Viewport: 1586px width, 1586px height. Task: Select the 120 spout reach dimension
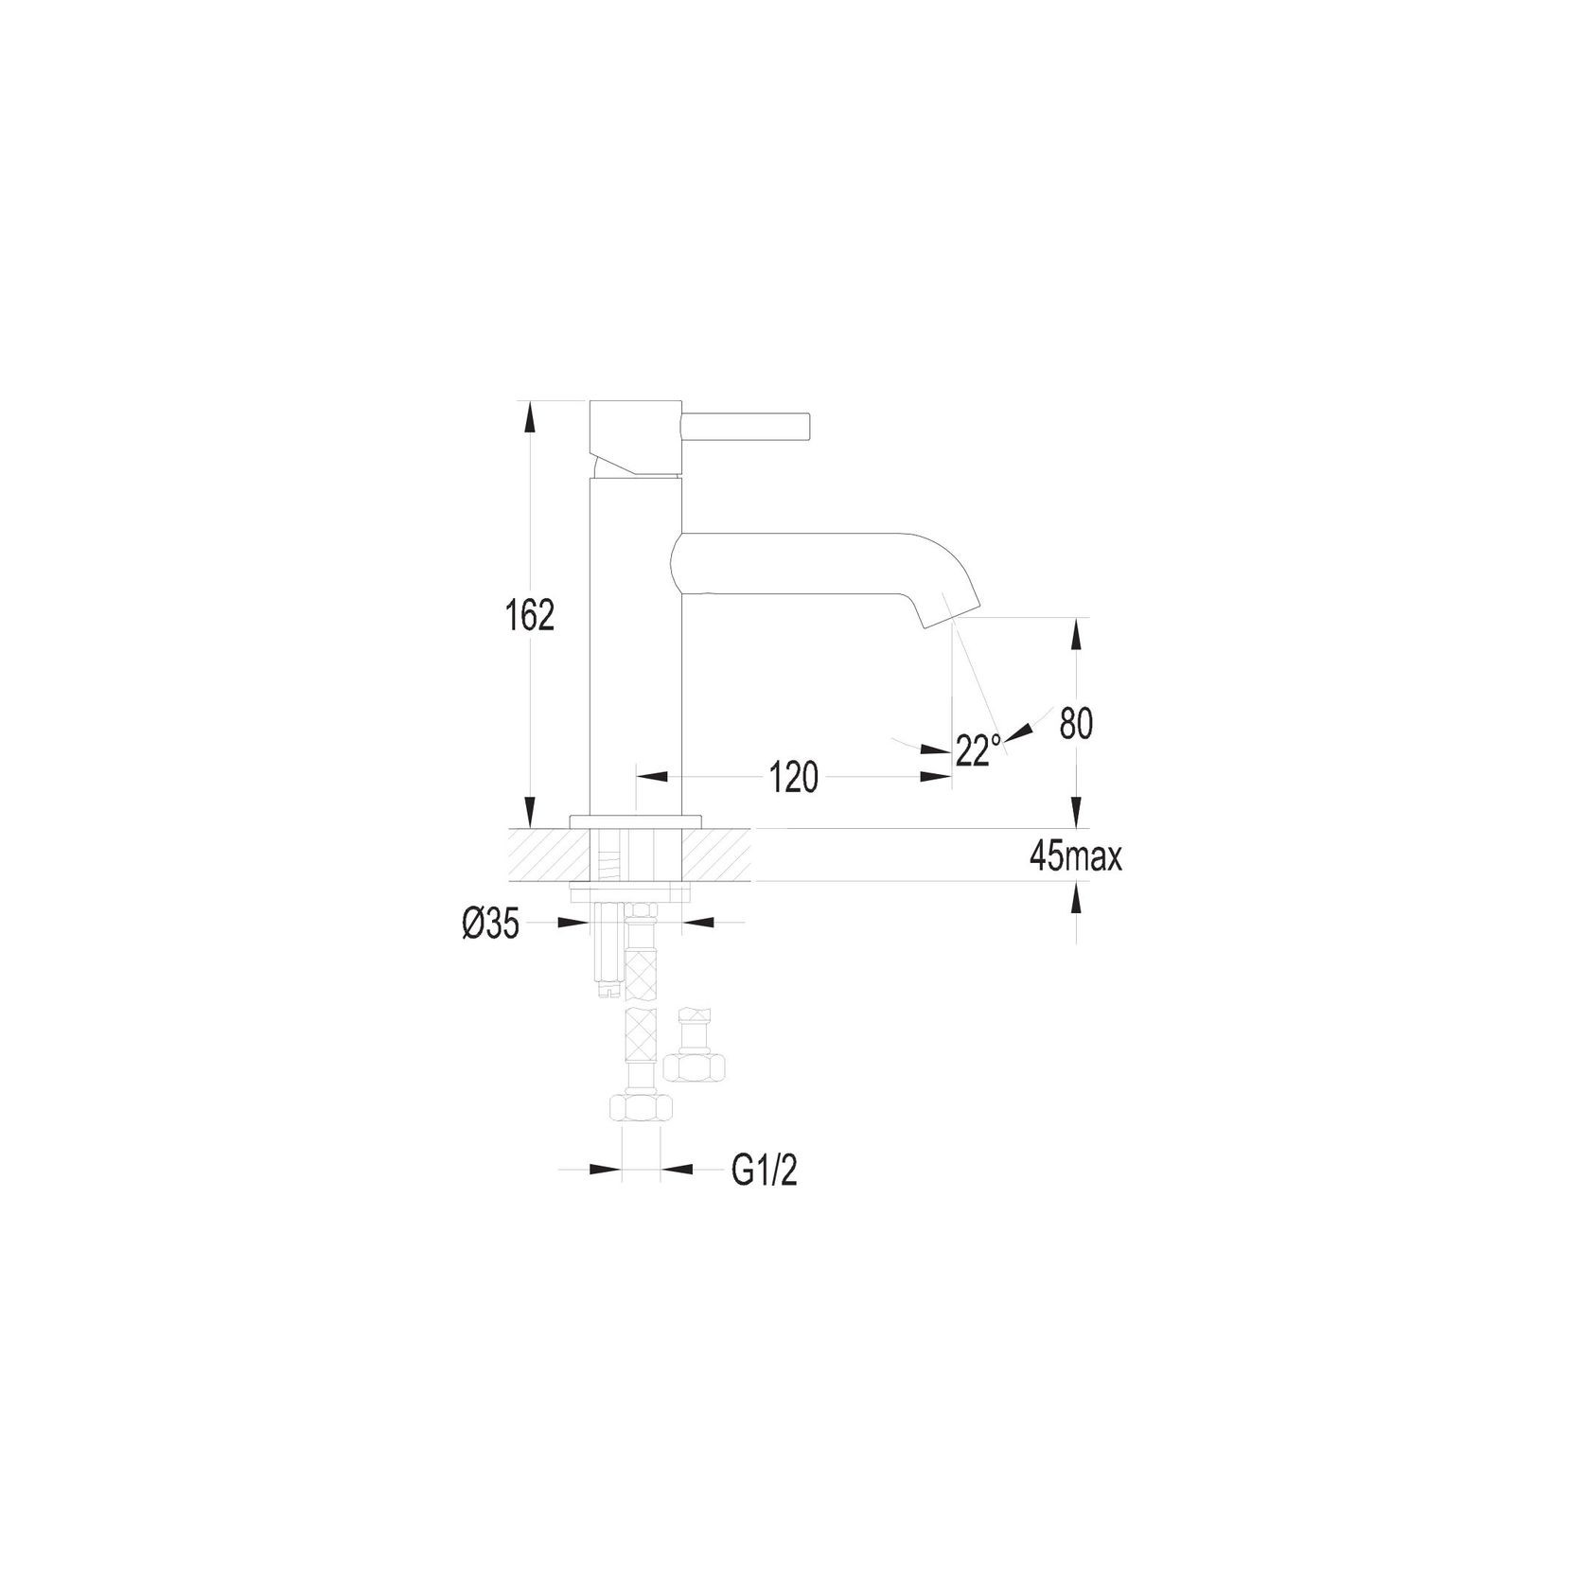point(792,778)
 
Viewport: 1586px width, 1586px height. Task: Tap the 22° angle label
point(978,750)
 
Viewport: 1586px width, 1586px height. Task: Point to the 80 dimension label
point(1076,724)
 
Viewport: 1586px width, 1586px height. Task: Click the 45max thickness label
point(1076,858)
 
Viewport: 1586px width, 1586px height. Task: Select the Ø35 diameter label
point(491,925)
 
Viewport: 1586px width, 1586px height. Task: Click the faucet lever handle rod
point(748,426)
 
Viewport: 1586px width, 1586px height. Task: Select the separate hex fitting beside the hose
point(696,1066)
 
